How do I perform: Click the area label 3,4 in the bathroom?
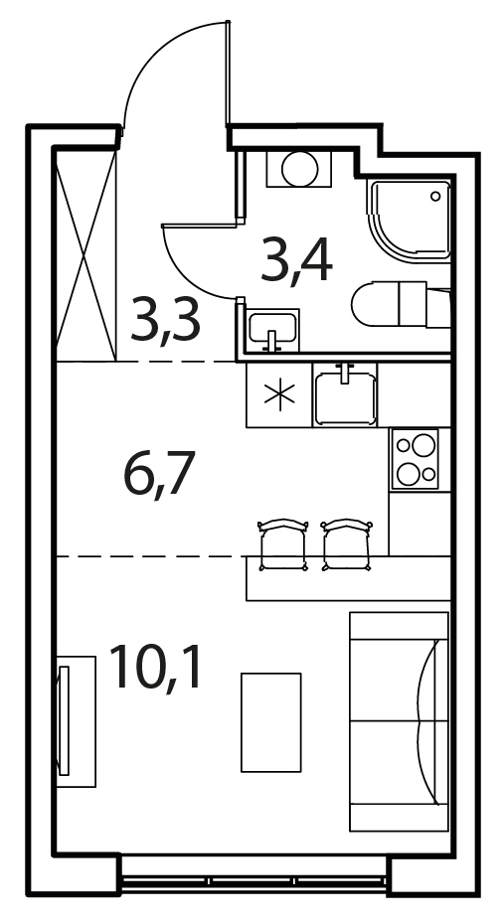[297, 260]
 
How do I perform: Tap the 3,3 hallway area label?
[166, 319]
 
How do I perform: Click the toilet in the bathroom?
[401, 304]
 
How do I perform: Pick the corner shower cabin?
[410, 220]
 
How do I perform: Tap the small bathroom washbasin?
[272, 331]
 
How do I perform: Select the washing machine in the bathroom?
[299, 169]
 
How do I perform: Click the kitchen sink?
[345, 393]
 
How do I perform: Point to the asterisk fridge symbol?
[279, 394]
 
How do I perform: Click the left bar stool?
[283, 544]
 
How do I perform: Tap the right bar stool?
[346, 544]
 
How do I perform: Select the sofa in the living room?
[400, 721]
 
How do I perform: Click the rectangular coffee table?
[270, 722]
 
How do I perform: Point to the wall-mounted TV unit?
[77, 721]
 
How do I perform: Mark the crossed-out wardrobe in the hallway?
[85, 254]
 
